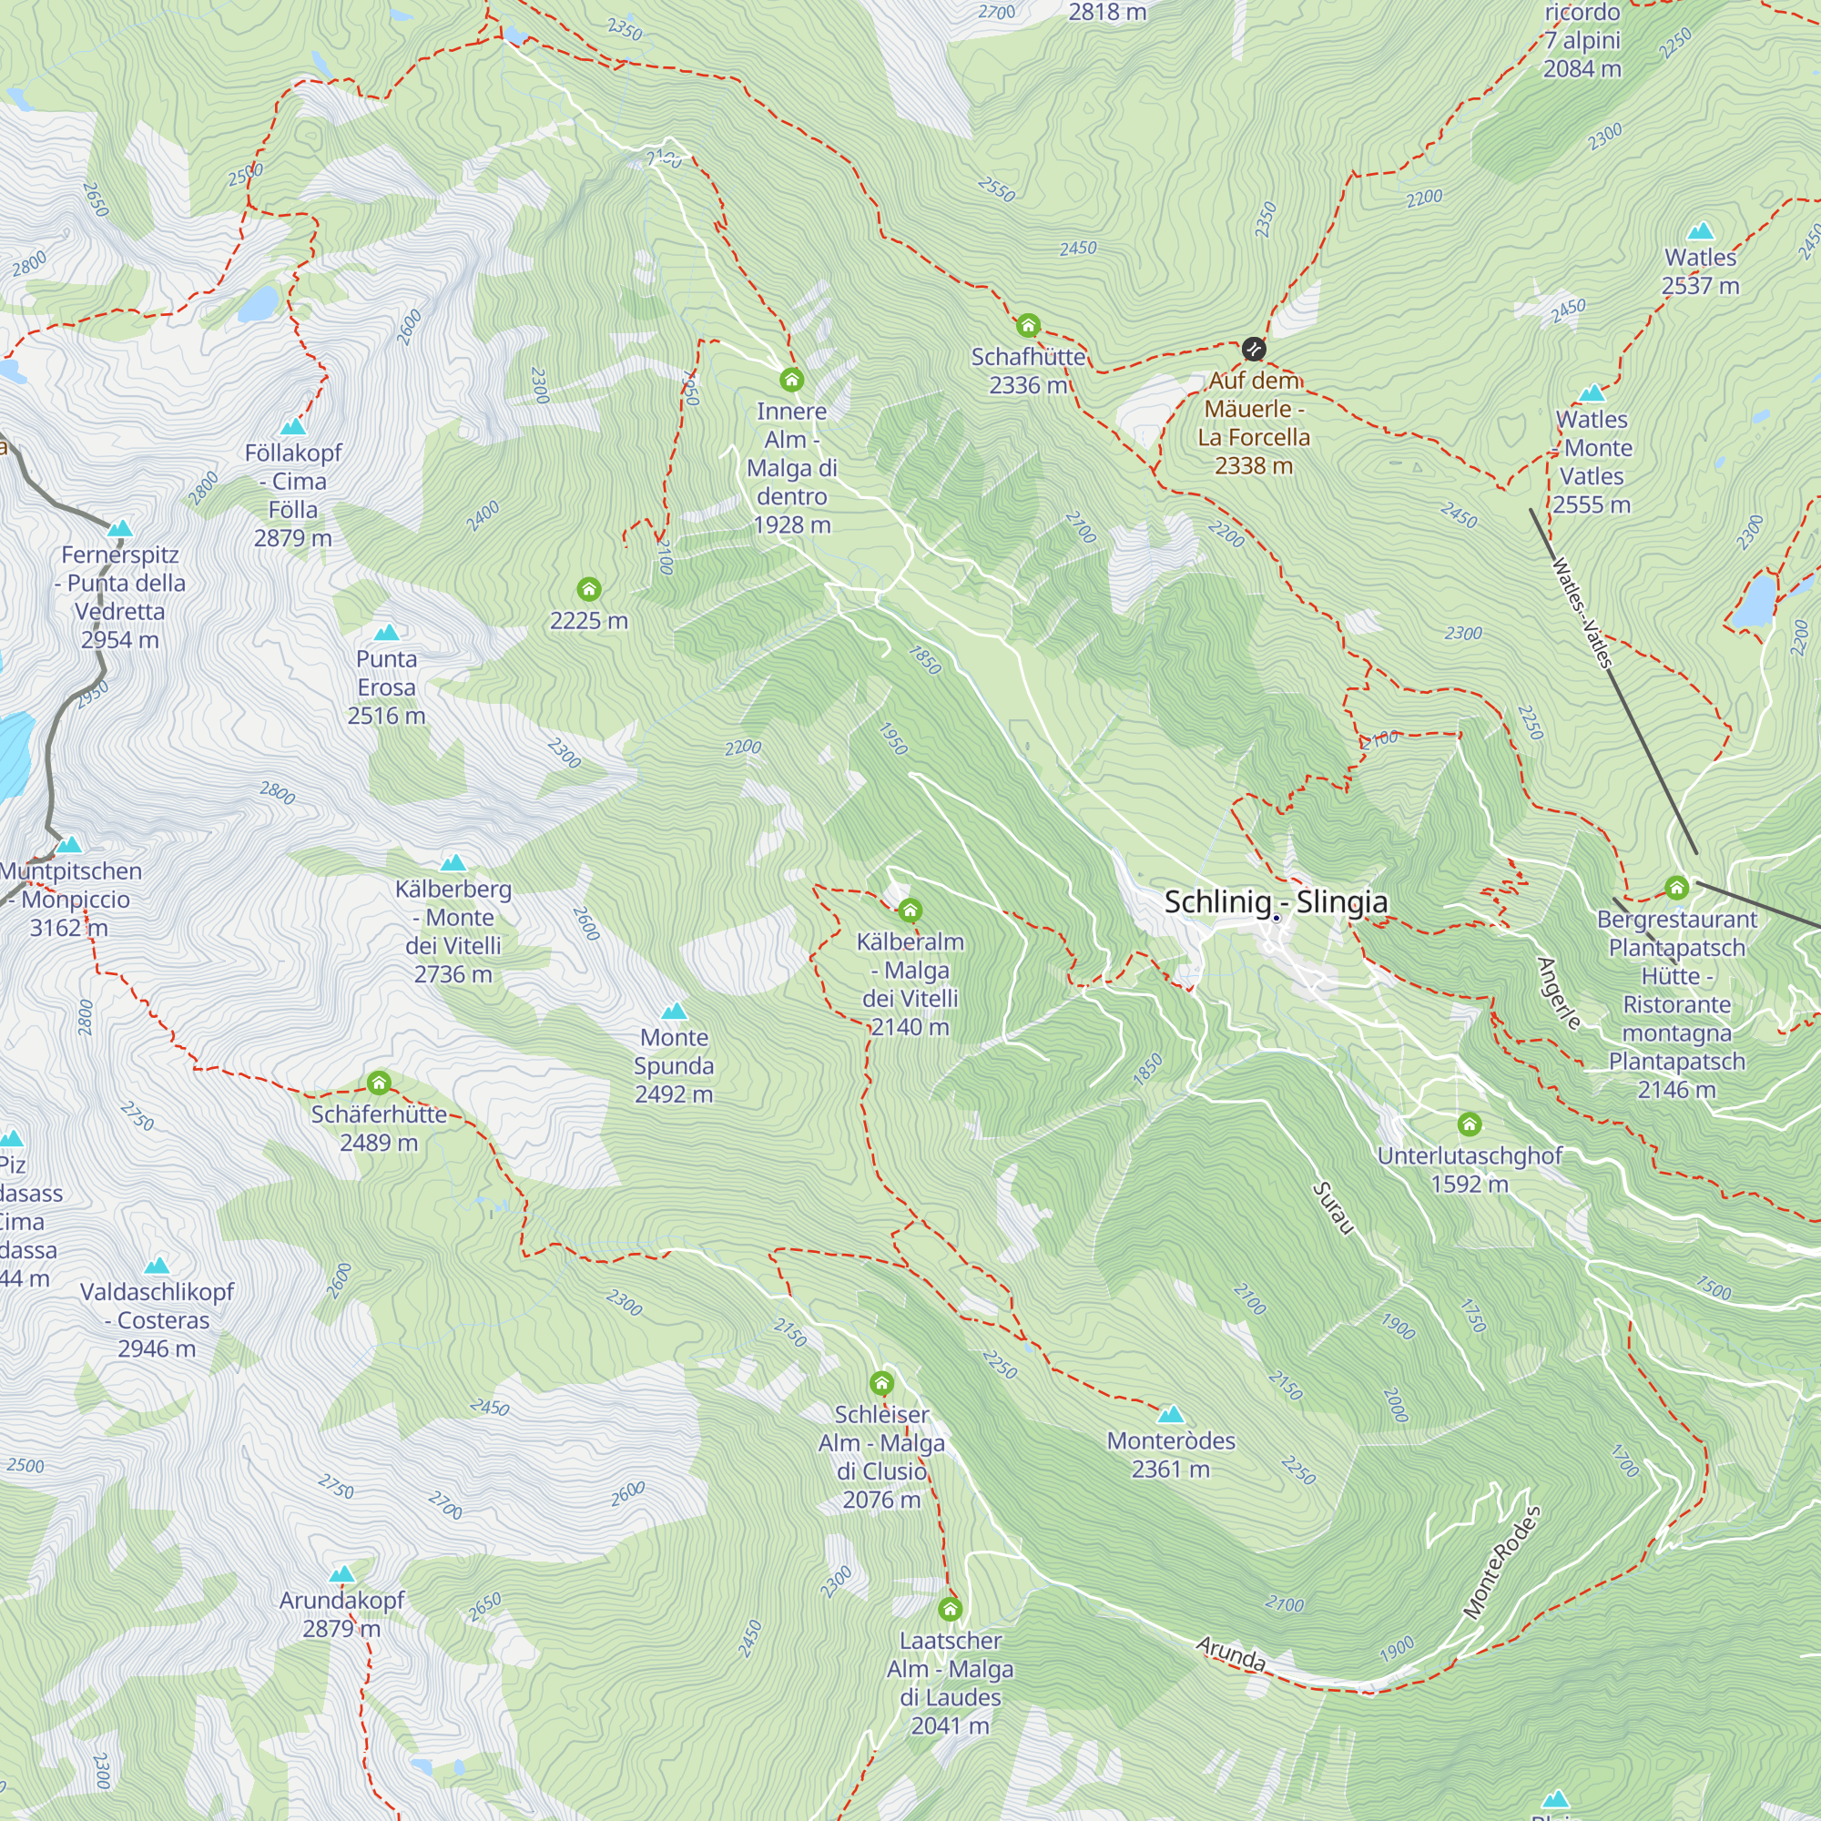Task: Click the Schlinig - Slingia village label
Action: coord(1276,902)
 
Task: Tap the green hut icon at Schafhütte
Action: coord(1027,326)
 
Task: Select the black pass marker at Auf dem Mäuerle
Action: coord(1253,350)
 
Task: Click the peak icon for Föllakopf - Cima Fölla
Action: coord(293,427)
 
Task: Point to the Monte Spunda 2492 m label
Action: coord(673,1065)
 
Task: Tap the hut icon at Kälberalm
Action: coord(910,910)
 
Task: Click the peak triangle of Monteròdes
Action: coord(1171,1414)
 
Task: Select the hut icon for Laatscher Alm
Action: coord(950,1609)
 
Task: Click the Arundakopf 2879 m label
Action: coord(341,1613)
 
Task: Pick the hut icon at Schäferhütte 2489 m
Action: coord(379,1082)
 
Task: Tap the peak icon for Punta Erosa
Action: coord(386,633)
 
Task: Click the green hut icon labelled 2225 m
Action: coord(589,590)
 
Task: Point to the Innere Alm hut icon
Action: coord(792,380)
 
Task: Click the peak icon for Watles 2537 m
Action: coord(1700,231)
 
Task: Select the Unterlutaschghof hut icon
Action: coord(1470,1124)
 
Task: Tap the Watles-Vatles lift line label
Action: coord(1582,614)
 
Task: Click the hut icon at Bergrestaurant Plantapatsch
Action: coord(1676,887)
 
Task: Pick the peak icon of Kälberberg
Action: coord(453,862)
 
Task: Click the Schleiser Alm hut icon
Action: coord(881,1384)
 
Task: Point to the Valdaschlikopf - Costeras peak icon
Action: coord(158,1266)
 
